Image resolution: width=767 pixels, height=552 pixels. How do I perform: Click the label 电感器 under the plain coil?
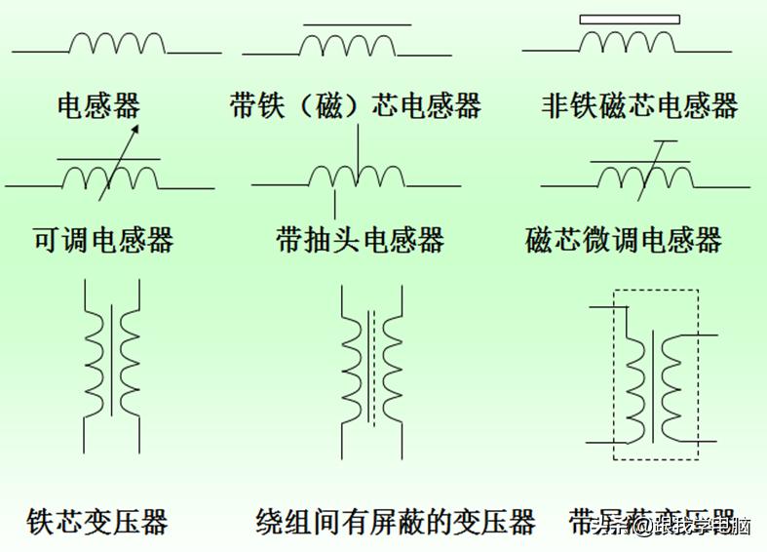(x=98, y=105)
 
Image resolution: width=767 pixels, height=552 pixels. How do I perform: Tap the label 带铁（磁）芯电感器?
(x=356, y=105)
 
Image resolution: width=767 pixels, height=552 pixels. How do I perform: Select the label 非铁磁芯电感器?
(x=639, y=105)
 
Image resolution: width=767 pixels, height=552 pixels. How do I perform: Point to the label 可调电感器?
(x=103, y=240)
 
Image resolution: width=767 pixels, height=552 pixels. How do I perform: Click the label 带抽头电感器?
(x=360, y=240)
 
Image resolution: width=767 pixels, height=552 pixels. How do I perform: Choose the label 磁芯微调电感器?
(x=624, y=240)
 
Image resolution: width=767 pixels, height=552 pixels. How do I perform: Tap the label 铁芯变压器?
(x=97, y=521)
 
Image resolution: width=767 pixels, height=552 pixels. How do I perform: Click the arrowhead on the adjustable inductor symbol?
(x=134, y=130)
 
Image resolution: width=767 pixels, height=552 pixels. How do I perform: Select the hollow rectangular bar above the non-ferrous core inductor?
(x=630, y=19)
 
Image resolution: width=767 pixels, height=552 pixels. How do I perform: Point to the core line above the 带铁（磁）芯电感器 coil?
(x=357, y=24)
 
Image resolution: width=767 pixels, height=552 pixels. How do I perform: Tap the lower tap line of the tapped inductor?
(x=335, y=202)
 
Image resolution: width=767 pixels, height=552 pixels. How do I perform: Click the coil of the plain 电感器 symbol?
(x=118, y=43)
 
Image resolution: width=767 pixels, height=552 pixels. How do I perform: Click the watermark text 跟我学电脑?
(x=702, y=527)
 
